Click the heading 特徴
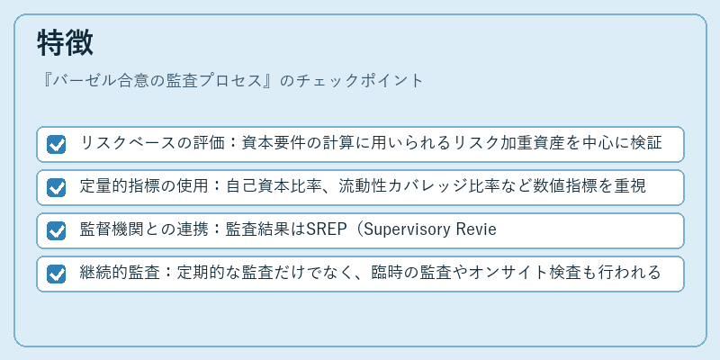[65, 43]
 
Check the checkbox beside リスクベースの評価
[56, 144]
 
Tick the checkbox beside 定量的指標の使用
[56, 187]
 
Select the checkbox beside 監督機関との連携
[56, 230]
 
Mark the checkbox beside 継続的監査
[56, 274]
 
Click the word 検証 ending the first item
[645, 143]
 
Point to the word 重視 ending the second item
[630, 186]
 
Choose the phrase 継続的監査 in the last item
[121, 273]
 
